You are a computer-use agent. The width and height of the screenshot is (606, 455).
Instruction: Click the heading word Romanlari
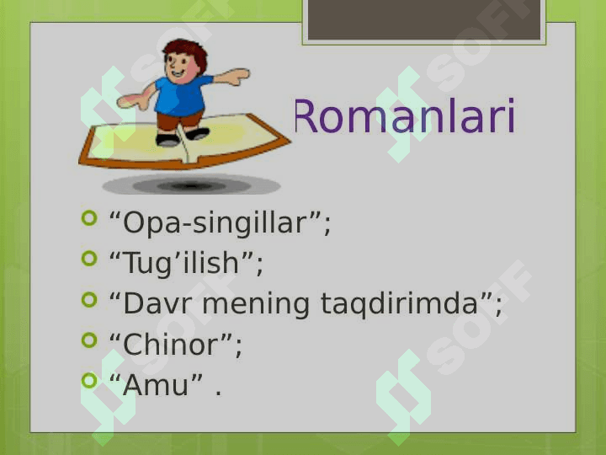point(405,116)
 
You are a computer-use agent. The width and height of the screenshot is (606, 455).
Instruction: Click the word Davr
point(157,303)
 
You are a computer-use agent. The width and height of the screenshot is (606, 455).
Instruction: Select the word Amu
point(156,385)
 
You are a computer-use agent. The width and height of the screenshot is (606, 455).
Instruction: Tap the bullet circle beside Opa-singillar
point(89,218)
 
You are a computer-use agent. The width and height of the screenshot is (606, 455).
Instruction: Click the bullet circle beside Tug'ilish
point(89,259)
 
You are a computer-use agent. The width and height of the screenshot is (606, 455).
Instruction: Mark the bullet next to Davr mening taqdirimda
point(89,299)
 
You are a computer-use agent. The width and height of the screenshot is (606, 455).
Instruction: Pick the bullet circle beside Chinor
point(89,340)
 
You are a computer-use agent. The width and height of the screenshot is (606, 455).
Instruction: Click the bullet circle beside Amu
point(89,381)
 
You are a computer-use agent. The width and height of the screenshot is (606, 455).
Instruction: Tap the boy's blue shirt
point(181,96)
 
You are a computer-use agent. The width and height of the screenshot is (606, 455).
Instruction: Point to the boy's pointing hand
point(236,76)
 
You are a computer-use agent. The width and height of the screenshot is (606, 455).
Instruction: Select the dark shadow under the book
point(191,185)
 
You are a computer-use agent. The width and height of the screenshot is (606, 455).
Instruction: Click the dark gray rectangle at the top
point(424,19)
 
